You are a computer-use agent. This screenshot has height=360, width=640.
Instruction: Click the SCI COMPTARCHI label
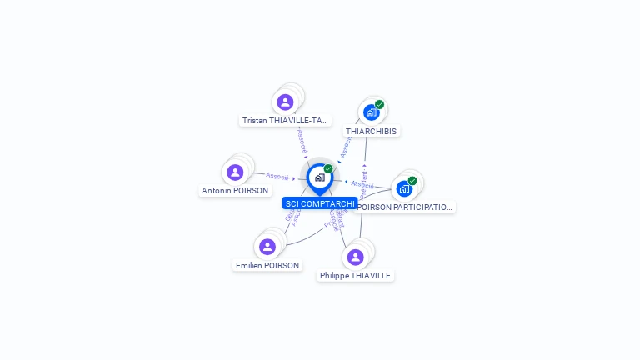(x=320, y=203)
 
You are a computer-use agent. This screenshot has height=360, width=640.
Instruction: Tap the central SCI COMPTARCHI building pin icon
(x=320, y=177)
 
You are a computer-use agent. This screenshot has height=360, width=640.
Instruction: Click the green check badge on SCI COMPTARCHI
(x=328, y=168)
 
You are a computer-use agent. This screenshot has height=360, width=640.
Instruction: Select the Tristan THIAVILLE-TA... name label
(x=285, y=121)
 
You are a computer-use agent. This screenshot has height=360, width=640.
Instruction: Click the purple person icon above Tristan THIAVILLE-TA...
(x=286, y=102)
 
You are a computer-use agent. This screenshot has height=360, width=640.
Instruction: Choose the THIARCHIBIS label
(x=372, y=131)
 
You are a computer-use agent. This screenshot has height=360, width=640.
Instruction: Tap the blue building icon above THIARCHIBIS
(x=371, y=112)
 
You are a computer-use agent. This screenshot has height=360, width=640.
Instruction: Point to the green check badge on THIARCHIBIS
(x=380, y=105)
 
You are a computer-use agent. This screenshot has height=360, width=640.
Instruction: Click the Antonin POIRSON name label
(x=235, y=191)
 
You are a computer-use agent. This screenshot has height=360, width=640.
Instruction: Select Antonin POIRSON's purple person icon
(x=235, y=172)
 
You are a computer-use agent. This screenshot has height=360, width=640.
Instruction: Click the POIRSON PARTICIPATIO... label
(x=404, y=207)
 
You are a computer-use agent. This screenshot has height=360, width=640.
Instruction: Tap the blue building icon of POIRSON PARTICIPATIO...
(x=404, y=188)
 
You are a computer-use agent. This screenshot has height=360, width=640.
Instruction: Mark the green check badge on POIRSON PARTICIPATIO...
(x=412, y=181)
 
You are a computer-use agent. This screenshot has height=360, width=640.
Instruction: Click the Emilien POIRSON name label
(x=267, y=265)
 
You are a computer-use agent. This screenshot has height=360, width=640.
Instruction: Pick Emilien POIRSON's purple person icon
(x=267, y=247)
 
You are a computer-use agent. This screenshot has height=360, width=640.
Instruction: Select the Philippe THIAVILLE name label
(x=355, y=275)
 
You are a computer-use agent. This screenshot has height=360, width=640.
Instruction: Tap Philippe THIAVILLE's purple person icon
(x=356, y=257)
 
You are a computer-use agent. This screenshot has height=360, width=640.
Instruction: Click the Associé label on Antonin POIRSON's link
(x=277, y=177)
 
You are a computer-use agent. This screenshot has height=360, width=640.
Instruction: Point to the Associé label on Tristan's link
(x=302, y=139)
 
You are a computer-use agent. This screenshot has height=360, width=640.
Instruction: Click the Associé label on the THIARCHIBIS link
(x=344, y=148)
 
